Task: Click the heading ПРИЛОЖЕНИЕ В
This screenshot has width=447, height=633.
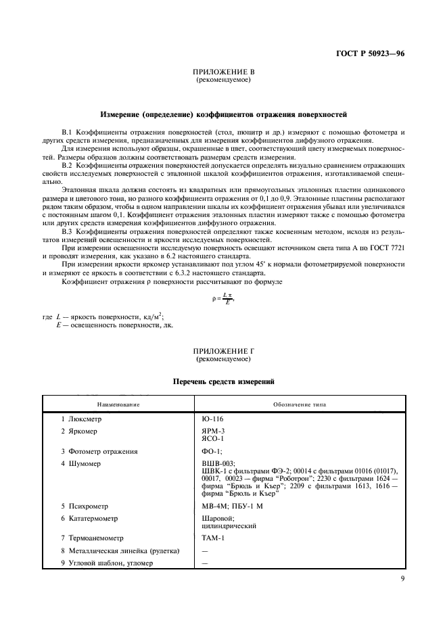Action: [223, 72]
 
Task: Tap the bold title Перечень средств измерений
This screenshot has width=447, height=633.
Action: [224, 382]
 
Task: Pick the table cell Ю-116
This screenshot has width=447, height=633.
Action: [213, 419]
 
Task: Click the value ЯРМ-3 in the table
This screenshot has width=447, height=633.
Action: [214, 431]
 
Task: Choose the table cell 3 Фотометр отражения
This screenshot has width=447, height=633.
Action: [102, 451]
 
